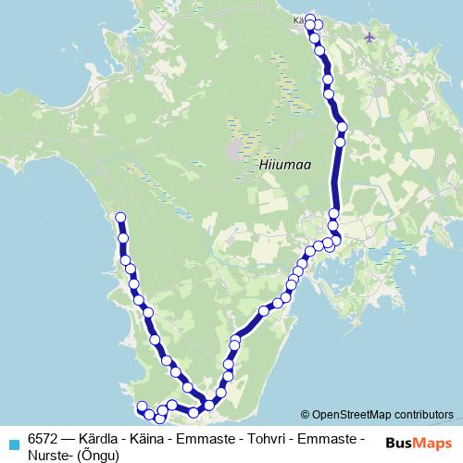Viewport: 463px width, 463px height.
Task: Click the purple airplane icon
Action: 371,37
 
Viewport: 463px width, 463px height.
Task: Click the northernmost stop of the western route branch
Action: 119,218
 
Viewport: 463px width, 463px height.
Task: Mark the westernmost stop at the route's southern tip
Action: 142,407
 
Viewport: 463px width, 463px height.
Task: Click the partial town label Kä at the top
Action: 298,18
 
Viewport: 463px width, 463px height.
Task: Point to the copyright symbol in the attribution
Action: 306,414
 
